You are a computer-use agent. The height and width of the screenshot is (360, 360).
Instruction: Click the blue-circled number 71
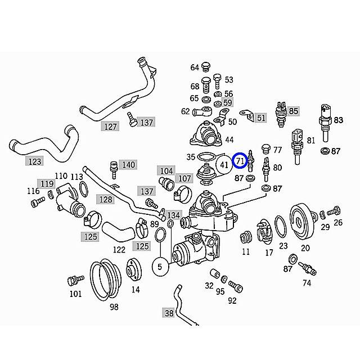coord(241,160)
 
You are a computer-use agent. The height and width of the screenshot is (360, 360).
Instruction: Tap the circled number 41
coord(224,165)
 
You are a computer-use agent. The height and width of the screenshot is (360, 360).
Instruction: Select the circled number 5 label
coord(160,267)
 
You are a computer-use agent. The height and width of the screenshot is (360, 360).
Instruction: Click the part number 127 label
coord(110,127)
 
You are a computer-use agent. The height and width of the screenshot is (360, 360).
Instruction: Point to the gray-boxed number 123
coord(35,161)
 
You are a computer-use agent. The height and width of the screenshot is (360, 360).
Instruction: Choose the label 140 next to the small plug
coord(128,165)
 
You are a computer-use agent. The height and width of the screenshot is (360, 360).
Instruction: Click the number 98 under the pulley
coord(114,307)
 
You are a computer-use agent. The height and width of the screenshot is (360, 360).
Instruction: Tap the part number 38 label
coord(169,313)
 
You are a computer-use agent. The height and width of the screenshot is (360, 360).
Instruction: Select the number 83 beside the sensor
coord(338,120)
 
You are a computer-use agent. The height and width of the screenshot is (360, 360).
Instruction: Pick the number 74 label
coord(306,283)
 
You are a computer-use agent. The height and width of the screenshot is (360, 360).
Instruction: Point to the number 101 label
coord(75,293)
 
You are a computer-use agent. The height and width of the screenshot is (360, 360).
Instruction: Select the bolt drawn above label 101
coord(72,280)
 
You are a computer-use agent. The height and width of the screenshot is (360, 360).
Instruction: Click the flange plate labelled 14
coord(133,268)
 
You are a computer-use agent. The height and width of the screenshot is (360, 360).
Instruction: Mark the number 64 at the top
coord(195,67)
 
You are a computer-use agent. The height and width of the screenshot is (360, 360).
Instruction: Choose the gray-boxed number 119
coord(46,183)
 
